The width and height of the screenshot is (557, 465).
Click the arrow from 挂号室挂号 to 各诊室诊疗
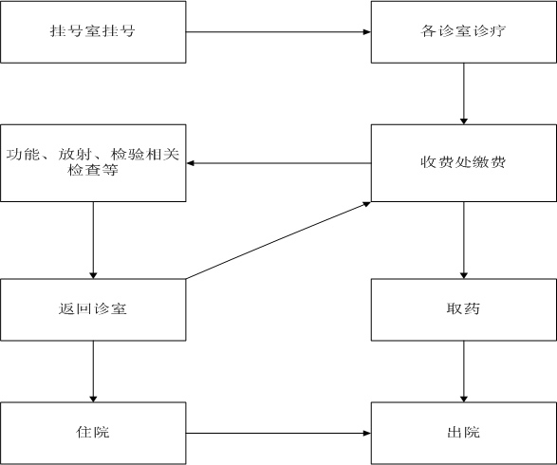[x=279, y=32]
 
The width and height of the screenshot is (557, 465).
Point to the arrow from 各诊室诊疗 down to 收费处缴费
[x=464, y=94]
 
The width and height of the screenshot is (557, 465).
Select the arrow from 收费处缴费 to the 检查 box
[x=279, y=163]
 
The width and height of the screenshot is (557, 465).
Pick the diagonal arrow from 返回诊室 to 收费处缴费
[x=279, y=240]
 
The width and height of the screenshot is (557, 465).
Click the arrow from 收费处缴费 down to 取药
[x=464, y=240]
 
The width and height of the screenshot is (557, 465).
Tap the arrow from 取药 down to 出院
[x=464, y=372]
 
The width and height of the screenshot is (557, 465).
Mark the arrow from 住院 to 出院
[x=279, y=433]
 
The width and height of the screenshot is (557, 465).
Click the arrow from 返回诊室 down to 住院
[x=93, y=372]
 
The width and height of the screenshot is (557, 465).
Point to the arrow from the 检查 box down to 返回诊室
[x=93, y=240]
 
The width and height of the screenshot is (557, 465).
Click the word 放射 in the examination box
[x=75, y=155]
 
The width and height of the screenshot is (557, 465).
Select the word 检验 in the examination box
[x=127, y=155]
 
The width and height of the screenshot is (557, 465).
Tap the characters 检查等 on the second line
[x=93, y=170]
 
